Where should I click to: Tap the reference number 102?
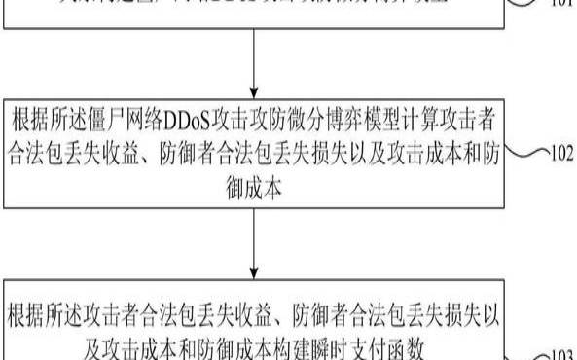[x=561, y=152]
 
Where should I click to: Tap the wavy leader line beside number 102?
[x=528, y=152]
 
